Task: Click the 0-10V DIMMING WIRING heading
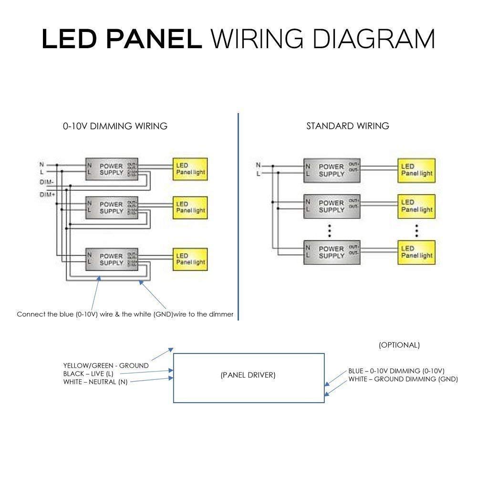coord(115,126)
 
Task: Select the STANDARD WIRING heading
coord(347,126)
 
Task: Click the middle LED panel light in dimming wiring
coord(189,207)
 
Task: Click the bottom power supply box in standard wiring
coord(331,252)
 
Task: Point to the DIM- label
coord(46,183)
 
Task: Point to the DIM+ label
coord(46,195)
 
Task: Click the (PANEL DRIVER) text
coord(248,375)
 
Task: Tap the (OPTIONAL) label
coord(399,345)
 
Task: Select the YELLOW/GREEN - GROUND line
coord(106,365)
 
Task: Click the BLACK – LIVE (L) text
coord(88,373)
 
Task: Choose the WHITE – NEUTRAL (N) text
coord(95,382)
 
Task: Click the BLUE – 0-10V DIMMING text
coord(396,371)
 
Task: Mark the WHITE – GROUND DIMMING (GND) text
coord(403,379)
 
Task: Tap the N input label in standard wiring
coord(258,166)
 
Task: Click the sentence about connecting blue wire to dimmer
coord(125,314)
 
